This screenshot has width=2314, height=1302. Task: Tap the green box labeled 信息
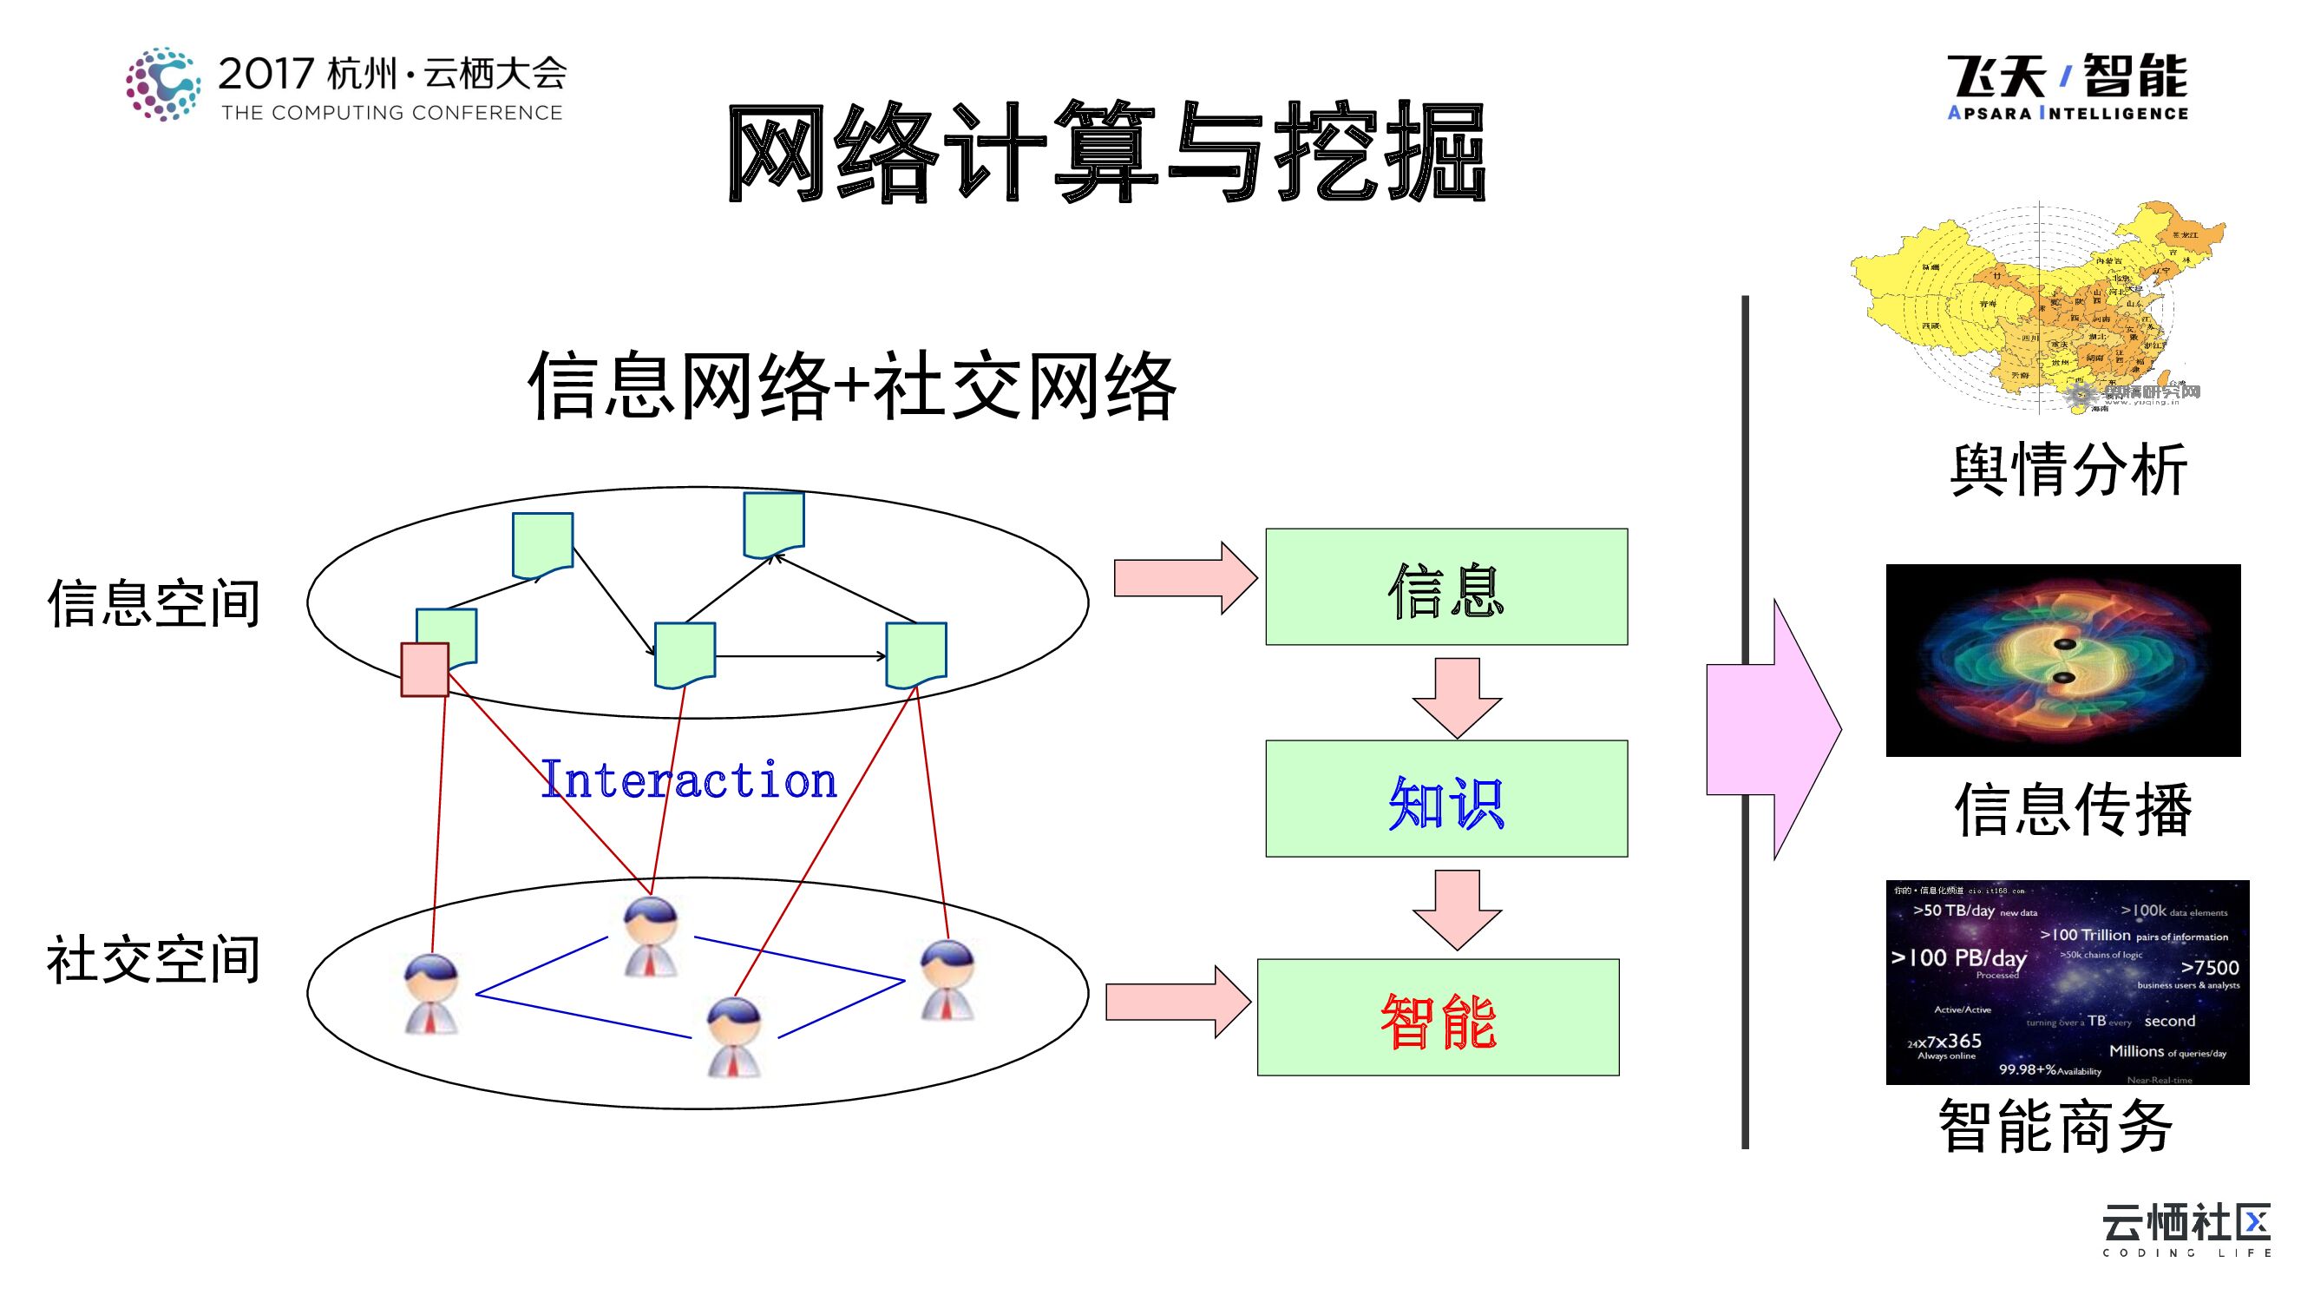coord(1445,587)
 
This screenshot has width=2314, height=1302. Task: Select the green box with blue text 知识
coord(1445,799)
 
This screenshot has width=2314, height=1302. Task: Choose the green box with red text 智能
coord(1438,1018)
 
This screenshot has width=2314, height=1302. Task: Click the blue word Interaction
coord(688,780)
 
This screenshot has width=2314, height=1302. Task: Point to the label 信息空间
coord(154,603)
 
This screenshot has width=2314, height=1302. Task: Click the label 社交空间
coord(154,960)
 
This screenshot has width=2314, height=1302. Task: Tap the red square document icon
coord(424,669)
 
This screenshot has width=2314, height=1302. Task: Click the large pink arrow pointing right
coord(1774,730)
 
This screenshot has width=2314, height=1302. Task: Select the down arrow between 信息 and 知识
coord(1456,696)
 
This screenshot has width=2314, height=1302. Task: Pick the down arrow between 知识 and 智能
coord(1456,909)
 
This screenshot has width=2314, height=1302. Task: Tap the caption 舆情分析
coord(2068,469)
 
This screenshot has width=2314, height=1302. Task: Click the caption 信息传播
coord(2072,810)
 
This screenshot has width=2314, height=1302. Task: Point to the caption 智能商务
coord(2055,1125)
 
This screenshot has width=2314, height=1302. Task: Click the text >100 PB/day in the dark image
coord(1958,958)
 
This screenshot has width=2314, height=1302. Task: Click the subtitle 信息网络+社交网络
coord(851,386)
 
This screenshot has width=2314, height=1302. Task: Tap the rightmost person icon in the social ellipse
coord(947,979)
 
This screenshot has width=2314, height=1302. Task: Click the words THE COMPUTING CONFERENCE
coord(391,113)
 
